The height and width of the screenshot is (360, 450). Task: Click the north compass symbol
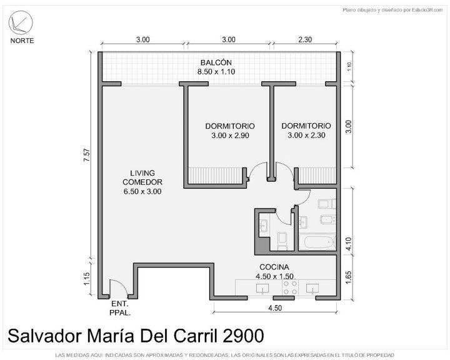[21, 22]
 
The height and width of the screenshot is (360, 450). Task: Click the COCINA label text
[274, 267]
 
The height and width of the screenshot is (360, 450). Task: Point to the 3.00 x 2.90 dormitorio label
[230, 131]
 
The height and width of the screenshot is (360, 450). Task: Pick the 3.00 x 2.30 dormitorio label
[306, 131]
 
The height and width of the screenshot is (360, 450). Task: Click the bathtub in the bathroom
[317, 242]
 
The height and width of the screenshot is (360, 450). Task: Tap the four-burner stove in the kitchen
[290, 287]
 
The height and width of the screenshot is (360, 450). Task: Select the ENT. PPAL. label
[120, 308]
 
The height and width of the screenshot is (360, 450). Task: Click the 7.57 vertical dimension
[87, 155]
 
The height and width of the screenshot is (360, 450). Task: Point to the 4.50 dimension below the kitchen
[275, 308]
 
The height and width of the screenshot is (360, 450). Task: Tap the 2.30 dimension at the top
[305, 39]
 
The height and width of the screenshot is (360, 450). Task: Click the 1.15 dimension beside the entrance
[87, 279]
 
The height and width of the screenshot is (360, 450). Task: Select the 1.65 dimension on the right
[348, 277]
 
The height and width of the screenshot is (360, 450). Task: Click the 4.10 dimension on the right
[348, 244]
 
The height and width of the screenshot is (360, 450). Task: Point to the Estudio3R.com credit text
[427, 10]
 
